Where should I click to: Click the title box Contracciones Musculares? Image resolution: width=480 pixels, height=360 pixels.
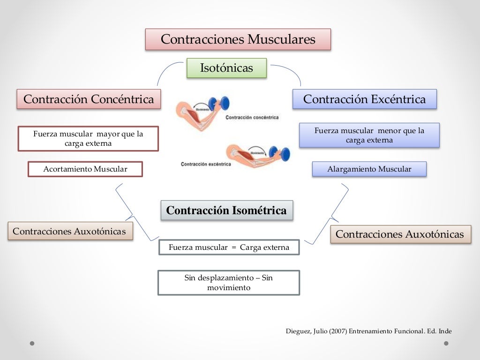[238, 39]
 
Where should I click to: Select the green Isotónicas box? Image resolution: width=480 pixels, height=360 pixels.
[226, 68]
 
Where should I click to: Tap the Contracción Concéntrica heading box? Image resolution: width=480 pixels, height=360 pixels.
[89, 99]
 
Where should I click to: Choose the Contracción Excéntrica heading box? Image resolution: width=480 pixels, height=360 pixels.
[364, 99]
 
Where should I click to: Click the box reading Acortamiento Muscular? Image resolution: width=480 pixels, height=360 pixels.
[85, 169]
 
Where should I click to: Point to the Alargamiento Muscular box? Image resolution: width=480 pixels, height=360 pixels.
[369, 169]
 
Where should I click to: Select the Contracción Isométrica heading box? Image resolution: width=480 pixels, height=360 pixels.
[226, 210]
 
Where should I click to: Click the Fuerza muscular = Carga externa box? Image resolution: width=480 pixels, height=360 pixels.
[229, 247]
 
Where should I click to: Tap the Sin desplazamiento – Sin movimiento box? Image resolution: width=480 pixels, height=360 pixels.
[228, 283]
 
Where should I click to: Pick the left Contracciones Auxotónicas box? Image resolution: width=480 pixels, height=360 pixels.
[70, 231]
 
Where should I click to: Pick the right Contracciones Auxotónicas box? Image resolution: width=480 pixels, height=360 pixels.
[400, 234]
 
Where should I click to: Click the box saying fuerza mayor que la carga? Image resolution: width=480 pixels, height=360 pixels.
[88, 139]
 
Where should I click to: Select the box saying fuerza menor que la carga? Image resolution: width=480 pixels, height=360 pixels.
[369, 135]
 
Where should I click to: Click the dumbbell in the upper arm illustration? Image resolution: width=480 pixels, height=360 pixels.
[219, 103]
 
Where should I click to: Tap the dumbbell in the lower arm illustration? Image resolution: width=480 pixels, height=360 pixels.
[280, 153]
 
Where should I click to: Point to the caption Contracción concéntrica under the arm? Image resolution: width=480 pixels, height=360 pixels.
[252, 118]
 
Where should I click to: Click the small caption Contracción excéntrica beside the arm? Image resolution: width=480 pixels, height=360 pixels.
[206, 164]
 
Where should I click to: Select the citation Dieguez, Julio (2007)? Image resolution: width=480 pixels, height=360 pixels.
[368, 331]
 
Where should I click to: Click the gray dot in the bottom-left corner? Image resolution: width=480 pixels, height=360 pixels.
[32, 343]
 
